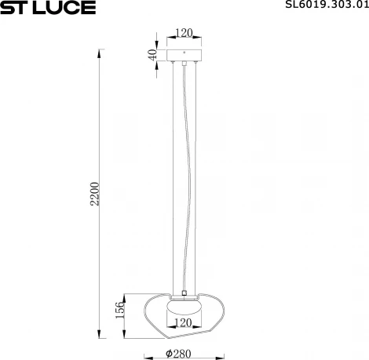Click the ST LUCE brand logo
click(48, 8)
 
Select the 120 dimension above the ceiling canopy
click(184, 33)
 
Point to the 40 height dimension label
click(153, 56)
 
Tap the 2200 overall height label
click(95, 193)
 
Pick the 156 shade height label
click(120, 309)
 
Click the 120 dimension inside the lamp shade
click(183, 322)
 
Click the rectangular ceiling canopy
click(184, 56)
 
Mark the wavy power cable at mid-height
click(186, 180)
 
